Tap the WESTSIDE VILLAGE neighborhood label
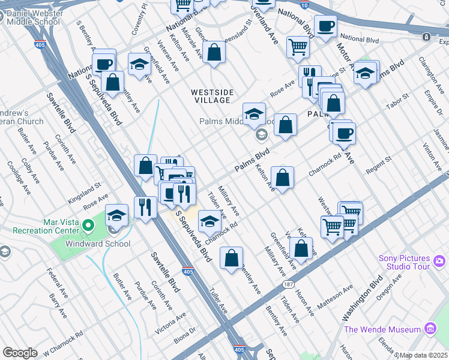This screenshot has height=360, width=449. pos(211,96)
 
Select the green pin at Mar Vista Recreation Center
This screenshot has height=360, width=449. pos(89,226)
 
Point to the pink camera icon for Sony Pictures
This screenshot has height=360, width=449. pos(439,260)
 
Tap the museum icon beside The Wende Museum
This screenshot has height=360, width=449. pos(429,329)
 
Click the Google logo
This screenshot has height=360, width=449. pos(20,353)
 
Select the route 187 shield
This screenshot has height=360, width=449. pos(288,284)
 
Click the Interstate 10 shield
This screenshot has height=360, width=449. pos(305,5)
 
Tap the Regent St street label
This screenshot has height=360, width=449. pos(379,164)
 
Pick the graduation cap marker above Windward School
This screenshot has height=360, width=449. pos(116,215)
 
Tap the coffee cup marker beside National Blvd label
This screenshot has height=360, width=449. pos(325,26)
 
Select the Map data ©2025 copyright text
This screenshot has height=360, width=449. pos(422,355)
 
